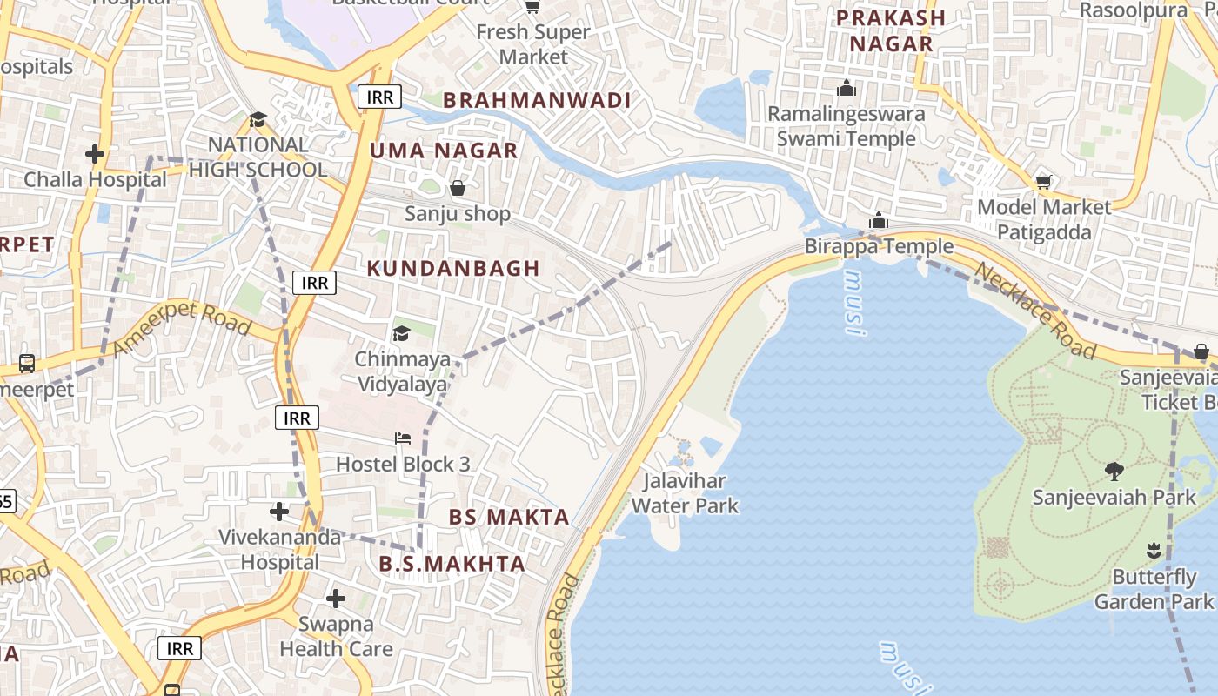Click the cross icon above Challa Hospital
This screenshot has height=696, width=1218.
point(95,155)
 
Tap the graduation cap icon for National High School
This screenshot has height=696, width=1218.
point(258,119)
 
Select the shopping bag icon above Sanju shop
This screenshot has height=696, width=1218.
point(457,188)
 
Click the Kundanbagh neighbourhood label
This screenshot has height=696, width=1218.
point(453,268)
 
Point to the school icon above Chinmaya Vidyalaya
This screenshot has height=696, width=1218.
point(401,333)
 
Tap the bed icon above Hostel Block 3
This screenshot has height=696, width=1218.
point(403,438)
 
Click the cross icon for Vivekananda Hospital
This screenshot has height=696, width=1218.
point(278,512)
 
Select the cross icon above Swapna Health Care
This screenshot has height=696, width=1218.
point(336,599)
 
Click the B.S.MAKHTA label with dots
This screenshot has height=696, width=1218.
point(452,564)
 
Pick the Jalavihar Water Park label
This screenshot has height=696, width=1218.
point(685,493)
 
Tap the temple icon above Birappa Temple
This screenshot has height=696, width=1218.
point(879,220)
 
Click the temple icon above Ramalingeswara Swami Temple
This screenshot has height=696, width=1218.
point(846,88)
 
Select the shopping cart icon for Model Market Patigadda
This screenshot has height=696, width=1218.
point(1043,182)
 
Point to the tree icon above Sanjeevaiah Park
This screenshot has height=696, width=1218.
point(1114,472)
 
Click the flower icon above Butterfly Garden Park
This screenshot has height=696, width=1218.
point(1154,550)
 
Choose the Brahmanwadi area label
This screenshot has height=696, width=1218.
point(537,100)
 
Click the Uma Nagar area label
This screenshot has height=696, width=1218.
point(444,151)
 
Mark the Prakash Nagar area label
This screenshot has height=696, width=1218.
point(891,30)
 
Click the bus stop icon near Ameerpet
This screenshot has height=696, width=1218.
point(26,363)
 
